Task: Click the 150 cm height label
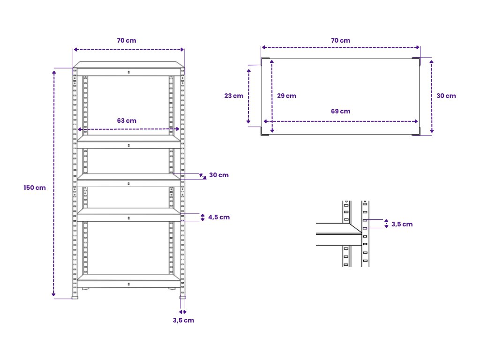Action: (x=35, y=187)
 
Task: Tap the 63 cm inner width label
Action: (x=127, y=120)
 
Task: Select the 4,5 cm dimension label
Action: (x=219, y=217)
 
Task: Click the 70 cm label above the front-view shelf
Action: (x=127, y=40)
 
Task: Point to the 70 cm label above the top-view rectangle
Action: (x=340, y=40)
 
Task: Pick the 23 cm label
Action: (x=234, y=96)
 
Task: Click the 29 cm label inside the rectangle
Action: (x=286, y=96)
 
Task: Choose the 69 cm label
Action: (x=340, y=111)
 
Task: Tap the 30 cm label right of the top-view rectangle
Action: (x=446, y=96)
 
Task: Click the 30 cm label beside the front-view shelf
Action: (x=219, y=175)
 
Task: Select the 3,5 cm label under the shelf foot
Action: (x=183, y=320)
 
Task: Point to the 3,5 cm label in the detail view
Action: (x=402, y=224)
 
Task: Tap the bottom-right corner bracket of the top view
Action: (x=416, y=133)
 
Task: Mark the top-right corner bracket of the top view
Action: (x=416, y=60)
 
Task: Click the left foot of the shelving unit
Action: (x=75, y=296)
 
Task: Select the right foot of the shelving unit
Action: (x=182, y=296)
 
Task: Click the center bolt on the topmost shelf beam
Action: (x=129, y=72)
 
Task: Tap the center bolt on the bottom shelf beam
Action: (x=129, y=284)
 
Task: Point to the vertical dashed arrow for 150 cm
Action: (x=54, y=183)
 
